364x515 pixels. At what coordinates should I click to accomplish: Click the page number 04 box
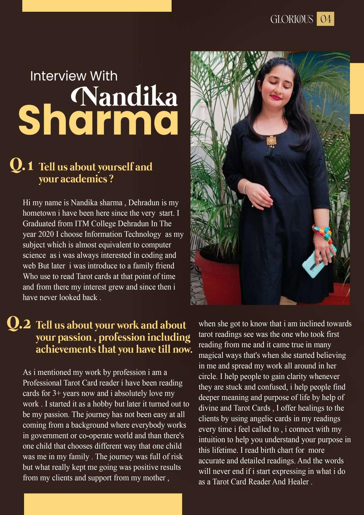point(325,19)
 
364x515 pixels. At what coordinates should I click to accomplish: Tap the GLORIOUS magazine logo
point(292,19)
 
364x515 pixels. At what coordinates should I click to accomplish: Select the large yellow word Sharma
point(99,120)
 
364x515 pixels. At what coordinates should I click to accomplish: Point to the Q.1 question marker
point(21,165)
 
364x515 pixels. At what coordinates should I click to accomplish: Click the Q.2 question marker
point(18,323)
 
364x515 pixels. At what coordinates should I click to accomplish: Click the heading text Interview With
point(74,76)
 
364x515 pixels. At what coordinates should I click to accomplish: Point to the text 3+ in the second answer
point(56,393)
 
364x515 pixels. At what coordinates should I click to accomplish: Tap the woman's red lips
point(276,97)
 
